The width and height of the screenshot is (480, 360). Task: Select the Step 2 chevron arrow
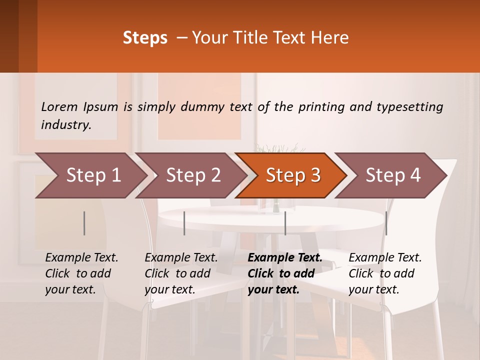pos(193,175)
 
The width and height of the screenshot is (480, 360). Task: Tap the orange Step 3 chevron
pos(293,175)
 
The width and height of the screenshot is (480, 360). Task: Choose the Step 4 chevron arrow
pos(393,175)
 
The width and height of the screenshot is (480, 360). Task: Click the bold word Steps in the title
pos(145,38)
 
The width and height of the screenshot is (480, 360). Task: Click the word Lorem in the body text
pos(59,106)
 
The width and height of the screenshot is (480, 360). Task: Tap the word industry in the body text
pos(66,124)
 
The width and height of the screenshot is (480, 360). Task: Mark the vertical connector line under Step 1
pos(84,223)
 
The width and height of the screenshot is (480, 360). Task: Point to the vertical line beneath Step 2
pos(184,223)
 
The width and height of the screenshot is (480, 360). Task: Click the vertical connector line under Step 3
pos(285,223)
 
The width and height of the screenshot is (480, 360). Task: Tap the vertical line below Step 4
pos(386,223)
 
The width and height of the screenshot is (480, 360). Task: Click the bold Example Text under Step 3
pos(285,257)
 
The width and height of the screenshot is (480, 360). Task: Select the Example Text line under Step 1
pos(81,257)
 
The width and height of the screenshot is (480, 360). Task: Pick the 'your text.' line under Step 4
pos(373,289)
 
